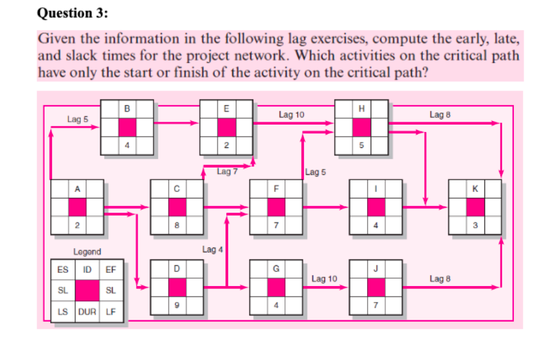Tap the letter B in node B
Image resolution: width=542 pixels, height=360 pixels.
tap(127, 109)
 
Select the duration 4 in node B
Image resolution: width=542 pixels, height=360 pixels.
tap(127, 146)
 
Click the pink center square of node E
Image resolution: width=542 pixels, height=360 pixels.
tap(226, 128)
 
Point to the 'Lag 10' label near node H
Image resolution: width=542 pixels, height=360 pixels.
tap(291, 114)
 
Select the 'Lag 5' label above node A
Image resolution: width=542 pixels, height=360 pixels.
tap(78, 119)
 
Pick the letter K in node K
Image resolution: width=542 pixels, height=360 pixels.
tap(475, 189)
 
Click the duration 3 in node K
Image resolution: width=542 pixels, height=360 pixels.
tap(475, 226)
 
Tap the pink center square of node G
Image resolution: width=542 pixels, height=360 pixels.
tap(276, 287)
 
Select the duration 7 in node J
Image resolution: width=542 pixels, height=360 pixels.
tap(376, 305)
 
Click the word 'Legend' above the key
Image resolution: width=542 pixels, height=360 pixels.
tap(87, 251)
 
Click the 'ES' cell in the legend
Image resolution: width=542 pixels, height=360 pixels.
tap(62, 269)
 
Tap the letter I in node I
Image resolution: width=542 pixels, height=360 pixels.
tap(376, 189)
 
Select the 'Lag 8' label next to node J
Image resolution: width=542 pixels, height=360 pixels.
tap(440, 279)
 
